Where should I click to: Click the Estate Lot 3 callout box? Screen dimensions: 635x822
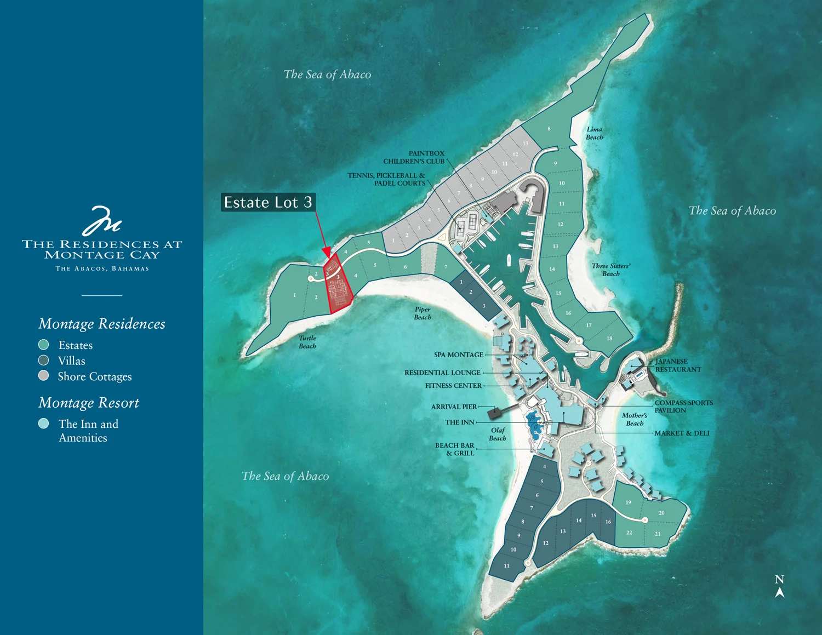tap(268, 202)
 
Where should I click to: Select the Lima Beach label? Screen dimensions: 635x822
tap(594, 133)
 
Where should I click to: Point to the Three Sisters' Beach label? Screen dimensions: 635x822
tap(610, 270)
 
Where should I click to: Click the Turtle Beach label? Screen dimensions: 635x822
tap(307, 342)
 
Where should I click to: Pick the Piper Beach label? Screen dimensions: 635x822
tap(422, 313)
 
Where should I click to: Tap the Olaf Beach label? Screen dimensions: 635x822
tap(498, 434)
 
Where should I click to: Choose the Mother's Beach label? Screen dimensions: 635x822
tap(634, 419)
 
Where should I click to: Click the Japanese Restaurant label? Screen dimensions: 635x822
tap(677, 365)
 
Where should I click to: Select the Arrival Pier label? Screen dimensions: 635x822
tap(454, 407)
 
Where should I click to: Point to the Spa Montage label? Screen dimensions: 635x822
tap(458, 355)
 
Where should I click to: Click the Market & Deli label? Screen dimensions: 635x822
tap(682, 433)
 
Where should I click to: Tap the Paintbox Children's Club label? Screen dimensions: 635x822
tap(414, 157)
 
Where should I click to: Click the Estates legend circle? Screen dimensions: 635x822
tap(44, 345)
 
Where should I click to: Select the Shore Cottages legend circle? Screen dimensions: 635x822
tap(44, 376)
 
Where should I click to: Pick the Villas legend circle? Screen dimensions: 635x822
tap(44, 360)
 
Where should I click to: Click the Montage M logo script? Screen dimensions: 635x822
tap(101, 220)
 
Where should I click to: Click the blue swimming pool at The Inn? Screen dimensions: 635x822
tap(533, 424)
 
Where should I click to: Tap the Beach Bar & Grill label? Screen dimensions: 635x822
tap(454, 449)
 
